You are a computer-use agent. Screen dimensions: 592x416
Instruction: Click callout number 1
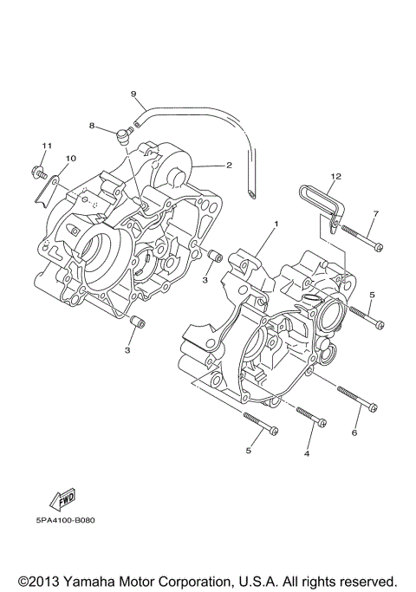click(276, 224)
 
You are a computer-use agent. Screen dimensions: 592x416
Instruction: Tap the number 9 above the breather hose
click(133, 93)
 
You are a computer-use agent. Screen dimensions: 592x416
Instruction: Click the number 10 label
click(71, 158)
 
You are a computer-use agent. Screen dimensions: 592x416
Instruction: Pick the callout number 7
click(376, 213)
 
